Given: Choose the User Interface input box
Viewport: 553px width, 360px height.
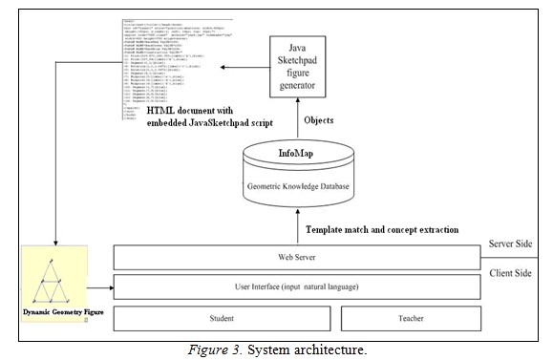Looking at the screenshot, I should pyautogui.click(x=297, y=286).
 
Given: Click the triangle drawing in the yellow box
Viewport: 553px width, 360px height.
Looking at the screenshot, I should pyautogui.click(x=53, y=276).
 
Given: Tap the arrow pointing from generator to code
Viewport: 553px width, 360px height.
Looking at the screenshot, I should pyautogui.click(x=244, y=66).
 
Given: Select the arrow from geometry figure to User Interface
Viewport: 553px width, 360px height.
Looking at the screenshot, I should pyautogui.click(x=98, y=286).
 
